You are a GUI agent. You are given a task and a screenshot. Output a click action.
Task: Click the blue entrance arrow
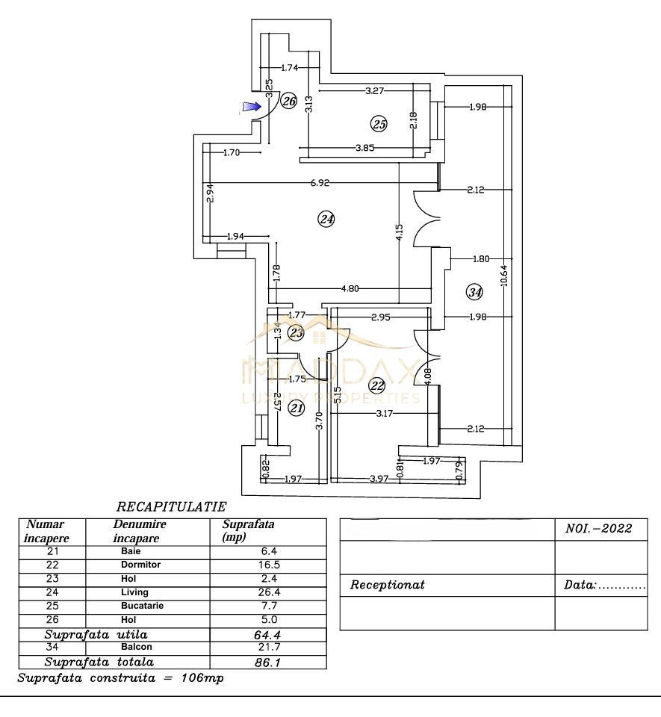coord(251,107)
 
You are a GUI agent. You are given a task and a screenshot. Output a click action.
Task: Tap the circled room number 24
coord(326,219)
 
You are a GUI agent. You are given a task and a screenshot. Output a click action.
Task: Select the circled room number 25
coord(379,124)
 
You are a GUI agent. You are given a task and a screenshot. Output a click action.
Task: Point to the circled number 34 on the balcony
coord(474,292)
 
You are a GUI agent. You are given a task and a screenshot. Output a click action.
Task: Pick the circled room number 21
coord(297,408)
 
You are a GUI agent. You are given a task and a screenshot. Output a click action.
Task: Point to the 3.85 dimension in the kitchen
coord(365,148)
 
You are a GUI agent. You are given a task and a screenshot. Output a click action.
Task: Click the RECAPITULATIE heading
coord(171,507)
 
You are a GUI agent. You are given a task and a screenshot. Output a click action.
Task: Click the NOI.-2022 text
coord(595,529)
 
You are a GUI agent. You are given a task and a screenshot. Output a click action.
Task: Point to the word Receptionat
coord(388,585)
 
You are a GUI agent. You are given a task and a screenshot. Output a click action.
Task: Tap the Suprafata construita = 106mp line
coord(120,678)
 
